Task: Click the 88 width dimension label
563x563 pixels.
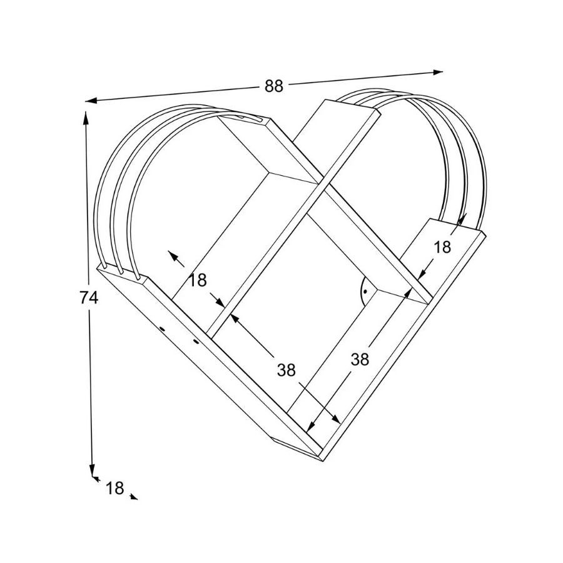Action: tap(274, 87)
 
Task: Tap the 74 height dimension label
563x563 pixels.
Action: tap(89, 298)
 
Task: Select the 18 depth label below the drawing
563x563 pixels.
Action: tap(114, 488)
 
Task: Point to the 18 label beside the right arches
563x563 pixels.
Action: tap(442, 247)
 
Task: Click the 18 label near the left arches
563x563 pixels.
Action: tap(198, 280)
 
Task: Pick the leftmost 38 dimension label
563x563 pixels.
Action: tap(287, 370)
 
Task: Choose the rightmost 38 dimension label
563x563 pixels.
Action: tap(360, 359)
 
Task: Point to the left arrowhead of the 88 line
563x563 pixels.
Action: tap(90, 100)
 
